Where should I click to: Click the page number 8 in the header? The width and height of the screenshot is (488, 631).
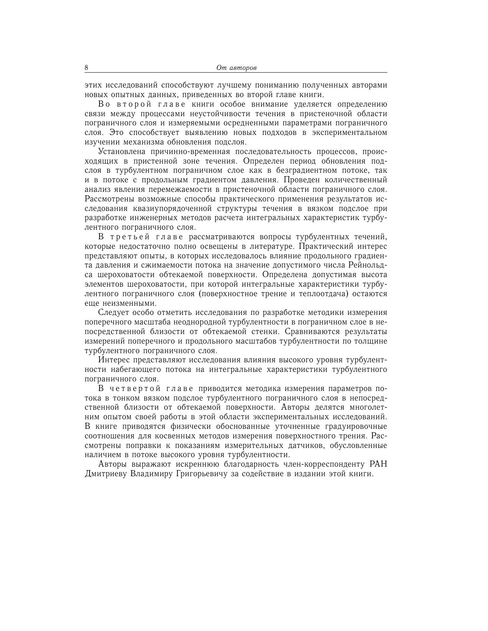tap(87, 68)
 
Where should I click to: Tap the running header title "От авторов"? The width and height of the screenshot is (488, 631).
tap(236, 68)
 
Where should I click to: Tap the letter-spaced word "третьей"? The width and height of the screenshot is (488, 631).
tap(127, 237)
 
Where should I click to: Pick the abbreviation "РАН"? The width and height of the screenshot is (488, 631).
tap(379, 464)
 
